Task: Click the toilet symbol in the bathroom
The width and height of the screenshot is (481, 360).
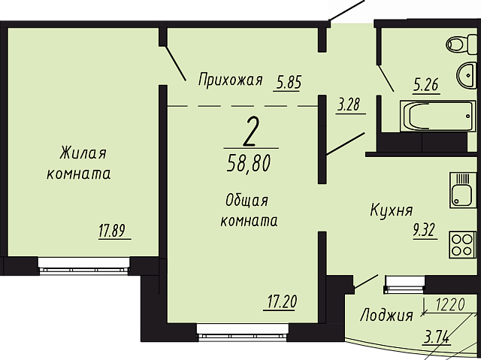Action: [x=462, y=44]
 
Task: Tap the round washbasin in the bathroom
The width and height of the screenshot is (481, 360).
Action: [x=467, y=74]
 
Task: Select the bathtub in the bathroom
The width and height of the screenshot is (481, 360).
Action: [x=438, y=116]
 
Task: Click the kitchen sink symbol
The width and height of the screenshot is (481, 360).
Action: [x=463, y=190]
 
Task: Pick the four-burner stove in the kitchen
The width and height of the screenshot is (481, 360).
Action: [x=463, y=245]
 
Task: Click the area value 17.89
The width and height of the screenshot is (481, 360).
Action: [x=112, y=231]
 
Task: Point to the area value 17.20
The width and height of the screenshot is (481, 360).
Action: [x=281, y=301]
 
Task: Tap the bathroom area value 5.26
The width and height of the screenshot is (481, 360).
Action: [x=426, y=85]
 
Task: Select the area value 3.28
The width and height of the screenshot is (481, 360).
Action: [x=349, y=104]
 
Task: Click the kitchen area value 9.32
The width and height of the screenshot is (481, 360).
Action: [x=424, y=231]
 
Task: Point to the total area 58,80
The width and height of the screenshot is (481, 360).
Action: [x=249, y=163]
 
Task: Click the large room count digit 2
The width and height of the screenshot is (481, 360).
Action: [x=251, y=132]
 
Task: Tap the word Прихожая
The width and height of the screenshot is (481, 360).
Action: [x=230, y=80]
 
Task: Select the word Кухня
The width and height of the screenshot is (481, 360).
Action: [x=392, y=210]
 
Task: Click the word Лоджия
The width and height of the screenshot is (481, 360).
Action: [x=386, y=315]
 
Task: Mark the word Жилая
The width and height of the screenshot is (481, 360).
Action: [x=83, y=153]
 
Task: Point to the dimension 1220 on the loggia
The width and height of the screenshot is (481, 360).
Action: [x=450, y=305]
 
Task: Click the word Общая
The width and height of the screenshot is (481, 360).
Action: [x=247, y=201]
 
